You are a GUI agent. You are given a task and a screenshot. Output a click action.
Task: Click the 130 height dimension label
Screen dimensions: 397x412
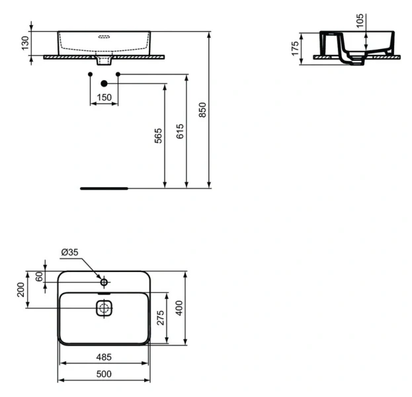[26, 44]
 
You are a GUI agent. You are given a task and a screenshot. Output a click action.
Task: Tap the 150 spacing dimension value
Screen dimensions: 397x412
[104, 98]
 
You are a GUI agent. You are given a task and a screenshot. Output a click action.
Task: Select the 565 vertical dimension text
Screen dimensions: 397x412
[159, 136]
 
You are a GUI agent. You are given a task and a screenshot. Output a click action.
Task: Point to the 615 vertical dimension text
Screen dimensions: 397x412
[181, 131]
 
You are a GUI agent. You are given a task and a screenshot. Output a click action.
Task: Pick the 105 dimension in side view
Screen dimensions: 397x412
[360, 22]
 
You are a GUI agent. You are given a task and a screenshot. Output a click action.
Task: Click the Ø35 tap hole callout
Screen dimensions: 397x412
[69, 252]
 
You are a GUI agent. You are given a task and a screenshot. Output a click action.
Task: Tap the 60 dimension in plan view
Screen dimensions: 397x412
[38, 277]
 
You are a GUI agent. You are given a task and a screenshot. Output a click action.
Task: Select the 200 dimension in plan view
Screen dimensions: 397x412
[21, 289]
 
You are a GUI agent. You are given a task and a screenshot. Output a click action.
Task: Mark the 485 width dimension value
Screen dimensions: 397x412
[104, 357]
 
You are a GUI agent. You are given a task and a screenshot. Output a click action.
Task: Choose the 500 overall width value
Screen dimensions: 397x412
[104, 374]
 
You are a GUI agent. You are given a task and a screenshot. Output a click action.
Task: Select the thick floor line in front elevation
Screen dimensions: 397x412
[103, 188]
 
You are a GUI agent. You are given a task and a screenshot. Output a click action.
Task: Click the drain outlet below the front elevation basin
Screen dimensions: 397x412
[104, 62]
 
